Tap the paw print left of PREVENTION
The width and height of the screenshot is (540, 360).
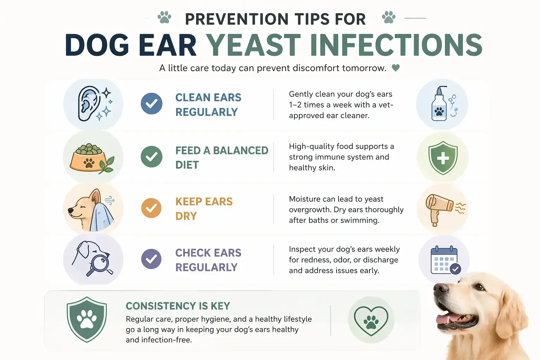(164, 17)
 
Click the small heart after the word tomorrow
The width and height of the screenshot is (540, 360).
(396, 68)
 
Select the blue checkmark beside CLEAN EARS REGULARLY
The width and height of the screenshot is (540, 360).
(152, 104)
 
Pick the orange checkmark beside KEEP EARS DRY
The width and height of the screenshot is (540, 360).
(152, 208)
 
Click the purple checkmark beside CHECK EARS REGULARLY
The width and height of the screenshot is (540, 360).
(152, 259)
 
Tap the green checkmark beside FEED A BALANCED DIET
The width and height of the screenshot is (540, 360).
(152, 156)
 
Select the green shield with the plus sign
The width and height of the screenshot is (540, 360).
(443, 158)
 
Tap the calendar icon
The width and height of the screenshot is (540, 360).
(444, 260)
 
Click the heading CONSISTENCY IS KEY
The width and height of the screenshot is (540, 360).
(178, 306)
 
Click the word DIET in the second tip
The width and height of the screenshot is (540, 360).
(187, 165)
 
